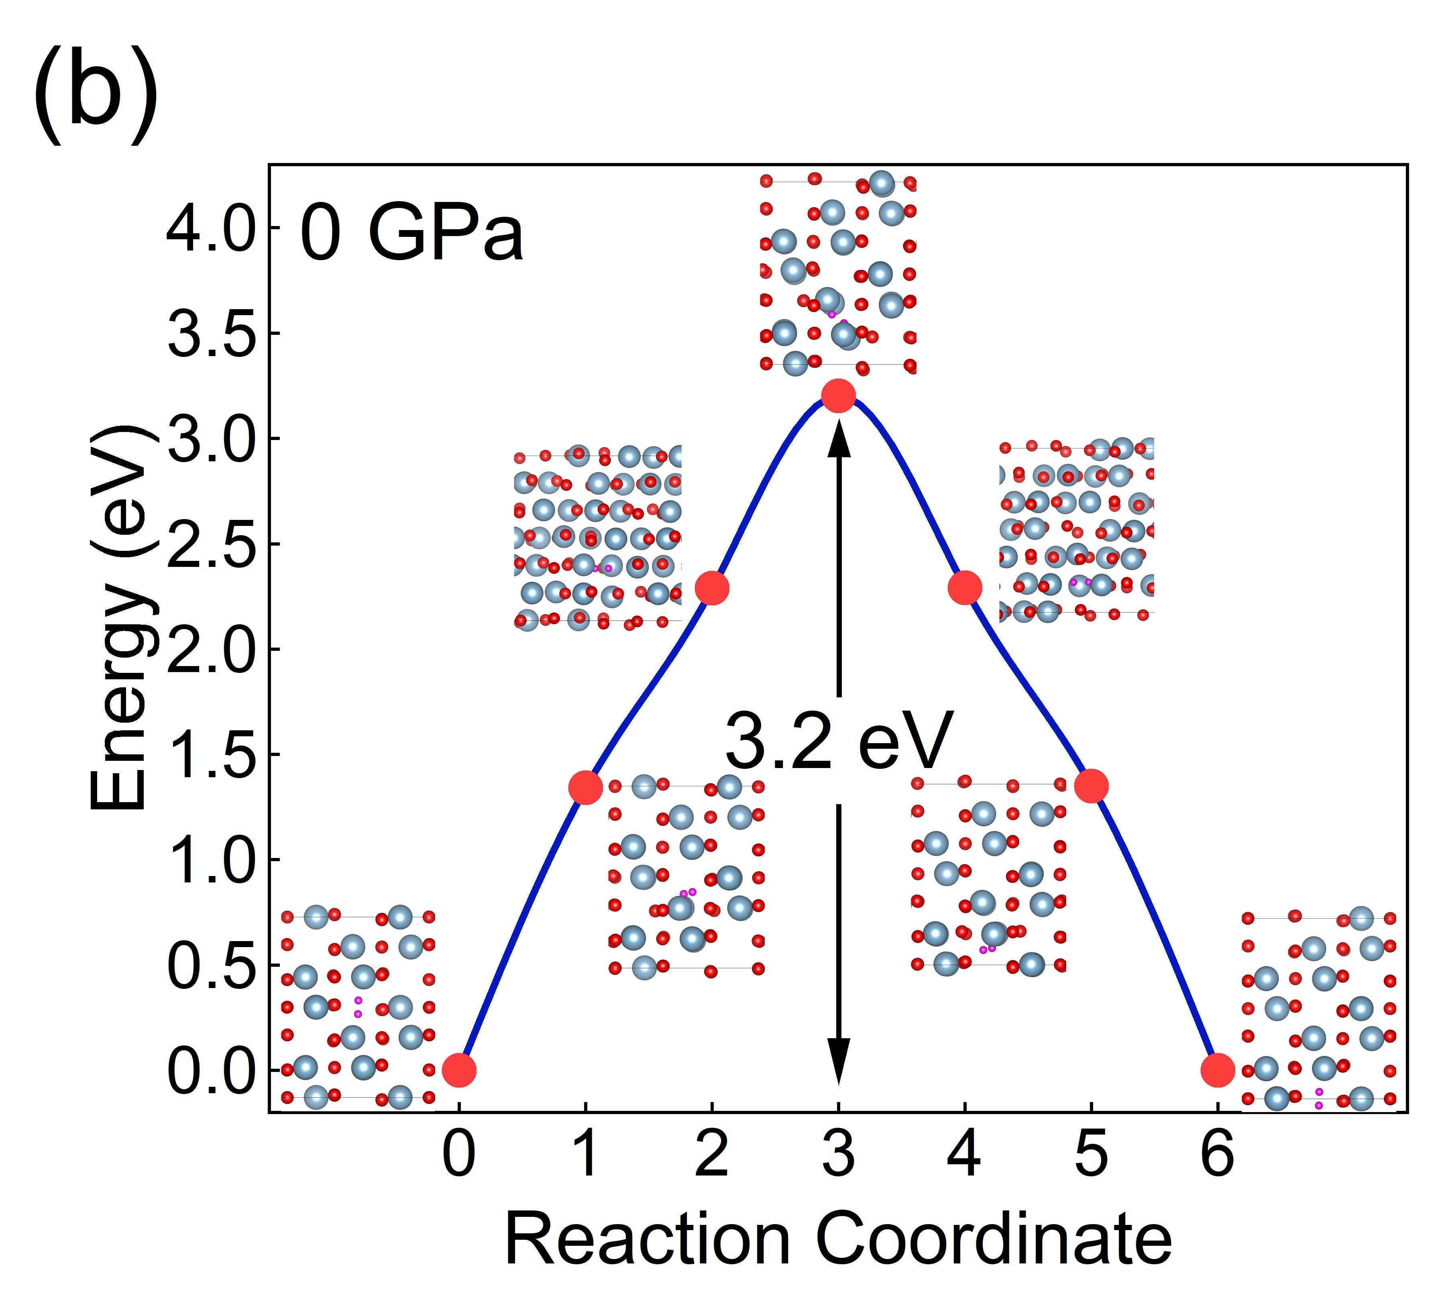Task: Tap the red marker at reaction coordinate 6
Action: point(1218,1070)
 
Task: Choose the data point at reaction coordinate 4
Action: point(965,587)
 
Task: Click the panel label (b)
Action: point(95,97)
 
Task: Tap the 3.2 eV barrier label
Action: point(838,742)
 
